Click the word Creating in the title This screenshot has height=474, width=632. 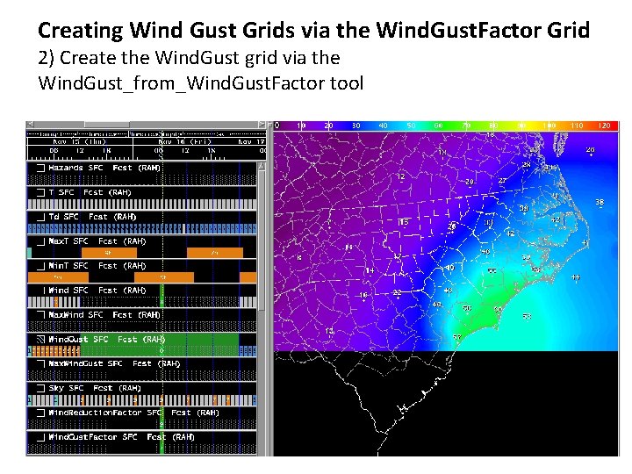pyautogui.click(x=81, y=31)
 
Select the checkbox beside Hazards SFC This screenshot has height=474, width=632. pyautogui.click(x=40, y=167)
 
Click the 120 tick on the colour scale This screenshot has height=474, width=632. pyautogui.click(x=604, y=126)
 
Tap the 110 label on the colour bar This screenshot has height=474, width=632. pyautogui.click(x=577, y=126)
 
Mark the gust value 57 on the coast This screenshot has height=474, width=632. pyautogui.click(x=457, y=338)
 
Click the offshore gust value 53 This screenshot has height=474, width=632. pyautogui.click(x=527, y=316)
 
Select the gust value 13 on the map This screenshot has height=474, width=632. pyautogui.click(x=330, y=330)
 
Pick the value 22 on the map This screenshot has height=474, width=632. pyautogui.click(x=397, y=291)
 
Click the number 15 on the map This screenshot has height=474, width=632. pyautogui.click(x=404, y=222)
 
